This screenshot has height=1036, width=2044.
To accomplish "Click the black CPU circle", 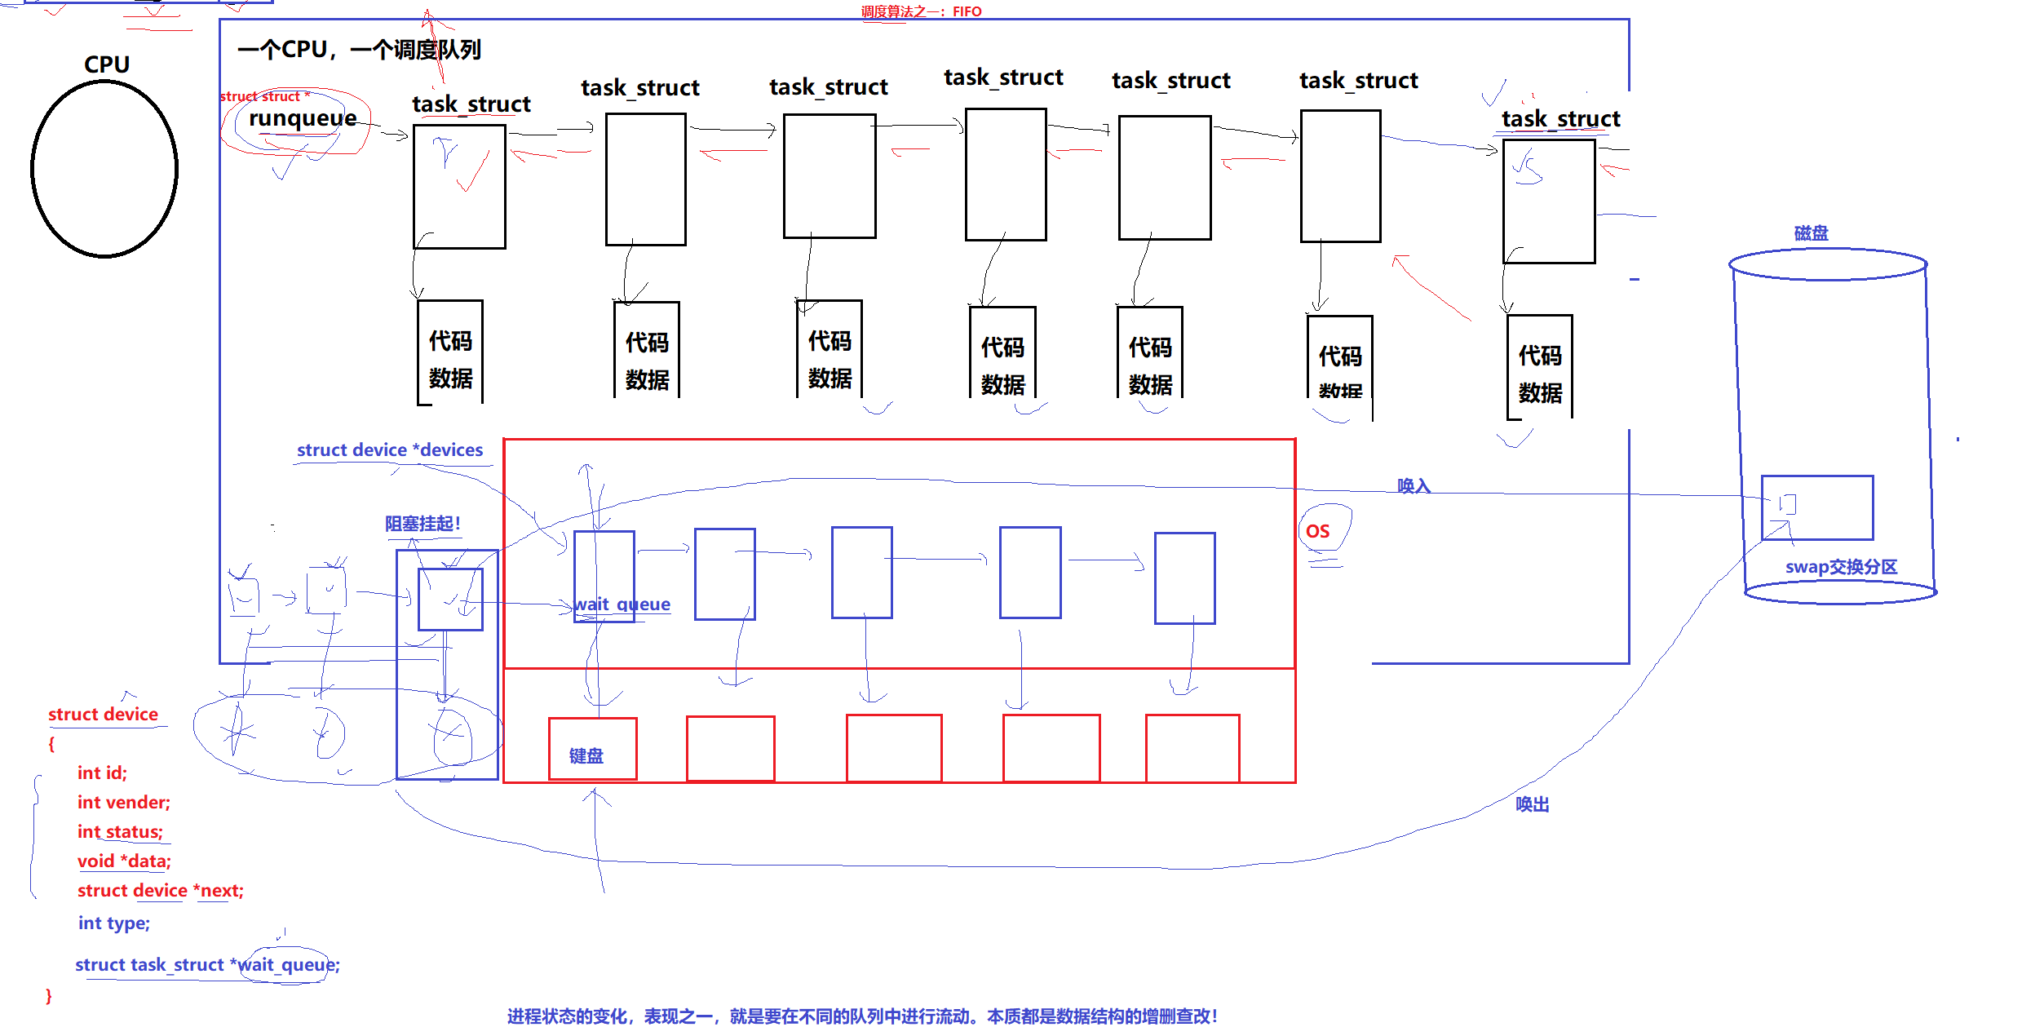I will point(104,169).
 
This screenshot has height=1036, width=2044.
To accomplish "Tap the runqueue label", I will point(303,118).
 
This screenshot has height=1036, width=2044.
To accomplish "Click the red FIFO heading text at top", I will point(921,11).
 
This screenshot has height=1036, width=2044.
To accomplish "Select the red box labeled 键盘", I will point(592,749).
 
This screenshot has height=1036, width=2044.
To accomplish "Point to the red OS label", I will point(1317,531).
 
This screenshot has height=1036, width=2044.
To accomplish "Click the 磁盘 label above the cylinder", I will point(1811,233).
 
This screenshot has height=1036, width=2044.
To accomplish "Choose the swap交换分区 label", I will point(1841,567).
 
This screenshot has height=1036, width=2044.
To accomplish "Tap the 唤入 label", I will point(1414,486).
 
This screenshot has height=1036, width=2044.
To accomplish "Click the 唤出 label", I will point(1532,804).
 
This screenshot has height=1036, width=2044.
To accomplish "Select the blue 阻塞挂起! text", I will point(423,524).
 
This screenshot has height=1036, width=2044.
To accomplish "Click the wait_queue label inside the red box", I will point(622,604).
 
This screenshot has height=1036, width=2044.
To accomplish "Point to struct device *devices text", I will point(389,449).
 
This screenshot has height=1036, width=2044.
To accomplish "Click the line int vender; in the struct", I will point(123,802).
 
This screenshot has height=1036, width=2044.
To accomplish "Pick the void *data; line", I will point(124,861).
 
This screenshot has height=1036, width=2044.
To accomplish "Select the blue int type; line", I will point(113,923).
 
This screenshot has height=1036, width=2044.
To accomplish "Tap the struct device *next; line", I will point(160,890).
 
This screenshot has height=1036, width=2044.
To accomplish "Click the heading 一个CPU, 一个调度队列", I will point(359,50).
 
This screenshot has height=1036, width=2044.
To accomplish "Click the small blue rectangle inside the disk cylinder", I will point(1816,507).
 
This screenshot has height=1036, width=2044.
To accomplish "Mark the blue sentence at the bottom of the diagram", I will point(861,1016).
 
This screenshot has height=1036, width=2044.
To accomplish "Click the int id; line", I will point(102,773).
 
